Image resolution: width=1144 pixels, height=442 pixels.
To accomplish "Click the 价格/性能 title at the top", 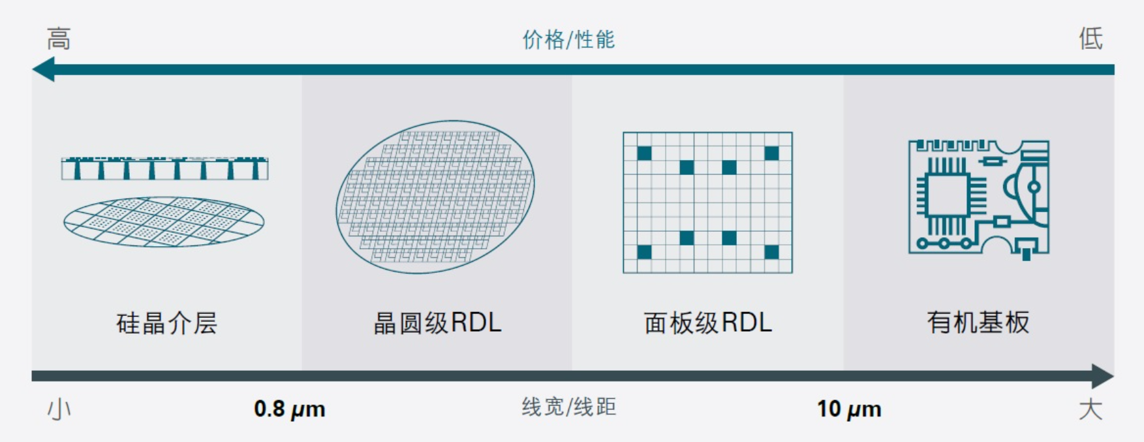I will pos(568,40).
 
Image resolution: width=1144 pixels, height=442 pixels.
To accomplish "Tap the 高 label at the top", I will pos(59,39).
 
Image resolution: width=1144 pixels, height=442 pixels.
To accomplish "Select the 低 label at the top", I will pos(1090,39).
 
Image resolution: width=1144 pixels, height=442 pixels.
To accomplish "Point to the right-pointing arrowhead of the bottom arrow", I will pos(1102,376).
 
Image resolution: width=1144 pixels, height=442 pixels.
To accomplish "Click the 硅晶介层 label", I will pos(166,323).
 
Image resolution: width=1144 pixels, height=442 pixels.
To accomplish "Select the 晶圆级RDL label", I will pos(437,323).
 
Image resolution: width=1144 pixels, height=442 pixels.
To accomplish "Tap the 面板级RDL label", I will pos(707,323).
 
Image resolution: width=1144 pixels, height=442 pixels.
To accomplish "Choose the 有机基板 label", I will pos(978,323).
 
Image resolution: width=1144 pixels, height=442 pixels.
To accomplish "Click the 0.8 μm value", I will pos(289,409).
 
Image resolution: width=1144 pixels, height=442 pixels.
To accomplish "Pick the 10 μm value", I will pos(849,409).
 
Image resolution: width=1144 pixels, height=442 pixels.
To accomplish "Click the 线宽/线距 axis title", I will pos(568,407).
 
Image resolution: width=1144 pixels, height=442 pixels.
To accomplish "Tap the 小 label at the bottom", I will pos(59,410).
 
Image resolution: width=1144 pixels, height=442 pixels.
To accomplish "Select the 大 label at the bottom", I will pos(1090,410).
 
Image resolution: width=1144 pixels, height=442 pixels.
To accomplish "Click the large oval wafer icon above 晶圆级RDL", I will pos(435,197).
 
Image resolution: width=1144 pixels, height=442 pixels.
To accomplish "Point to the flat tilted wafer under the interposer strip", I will pos(164,222).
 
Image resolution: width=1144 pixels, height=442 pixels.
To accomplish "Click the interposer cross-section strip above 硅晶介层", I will pos(164,168).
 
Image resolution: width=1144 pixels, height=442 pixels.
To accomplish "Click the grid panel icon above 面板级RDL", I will pos(707,202).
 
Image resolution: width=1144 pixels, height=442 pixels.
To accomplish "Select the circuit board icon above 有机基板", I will pos(978,197).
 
